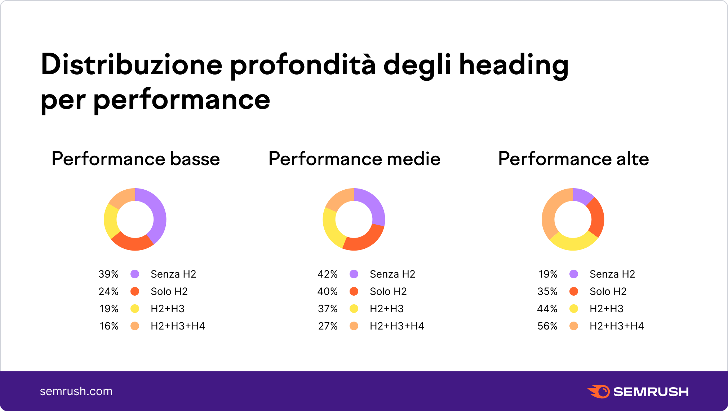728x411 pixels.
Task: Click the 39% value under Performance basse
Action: (108, 274)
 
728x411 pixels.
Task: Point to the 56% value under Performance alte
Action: (547, 326)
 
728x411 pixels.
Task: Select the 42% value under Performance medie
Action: (327, 274)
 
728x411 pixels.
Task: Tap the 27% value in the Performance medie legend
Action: (328, 326)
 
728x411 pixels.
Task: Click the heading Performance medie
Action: (354, 159)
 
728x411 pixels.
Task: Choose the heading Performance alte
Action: (573, 159)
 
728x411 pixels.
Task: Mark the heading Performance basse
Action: (136, 159)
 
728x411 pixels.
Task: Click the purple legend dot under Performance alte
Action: (574, 274)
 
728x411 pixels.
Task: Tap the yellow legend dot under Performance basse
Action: (135, 309)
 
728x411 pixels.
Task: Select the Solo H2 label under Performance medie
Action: (388, 292)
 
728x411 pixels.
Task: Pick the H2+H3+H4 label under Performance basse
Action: (178, 326)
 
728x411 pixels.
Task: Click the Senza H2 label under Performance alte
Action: (612, 274)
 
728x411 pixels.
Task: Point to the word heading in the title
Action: (514, 65)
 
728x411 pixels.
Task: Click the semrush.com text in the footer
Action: (76, 392)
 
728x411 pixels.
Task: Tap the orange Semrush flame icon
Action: (599, 392)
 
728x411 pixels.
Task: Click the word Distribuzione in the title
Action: (132, 65)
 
